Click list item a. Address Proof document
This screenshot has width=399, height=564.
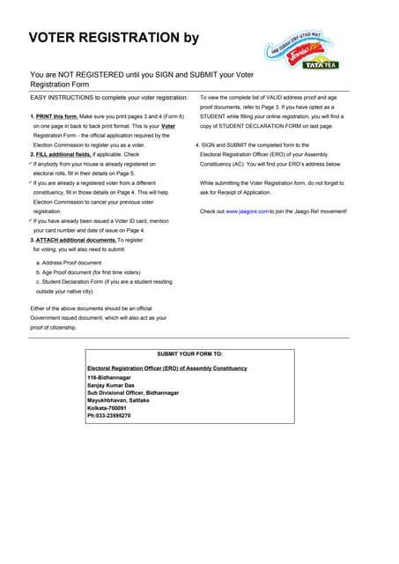(x=69, y=263)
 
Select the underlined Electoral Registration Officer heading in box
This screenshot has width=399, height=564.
(x=167, y=367)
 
